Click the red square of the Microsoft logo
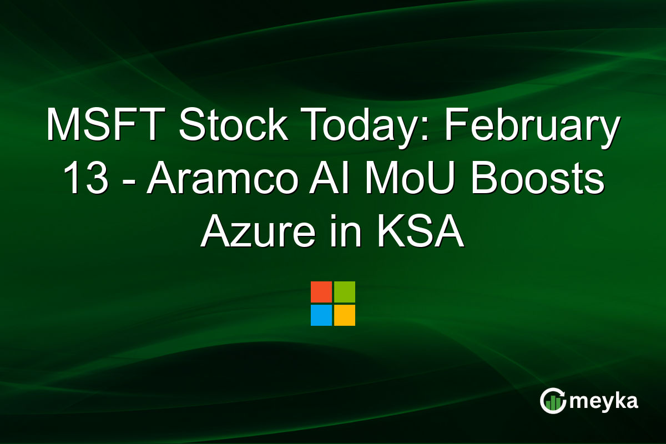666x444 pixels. (x=321, y=292)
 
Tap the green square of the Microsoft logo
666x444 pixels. (x=345, y=292)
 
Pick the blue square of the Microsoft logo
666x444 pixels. (x=321, y=315)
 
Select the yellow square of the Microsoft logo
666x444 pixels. (x=345, y=315)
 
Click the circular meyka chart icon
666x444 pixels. (x=553, y=401)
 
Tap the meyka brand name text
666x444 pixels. (x=604, y=401)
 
